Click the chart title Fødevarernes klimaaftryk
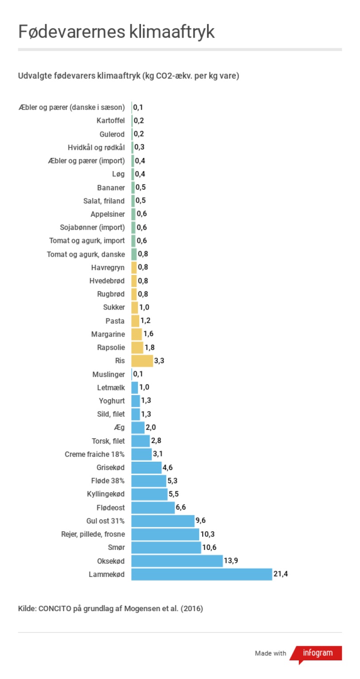(116, 32)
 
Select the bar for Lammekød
(201, 574)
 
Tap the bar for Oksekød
(176, 561)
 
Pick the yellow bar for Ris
(142, 361)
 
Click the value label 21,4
(281, 574)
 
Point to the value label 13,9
(231, 561)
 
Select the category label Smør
(116, 548)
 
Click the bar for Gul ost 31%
(163, 521)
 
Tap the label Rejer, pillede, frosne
(93, 534)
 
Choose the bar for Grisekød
(146, 467)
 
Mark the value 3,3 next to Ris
(159, 361)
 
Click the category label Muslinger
(109, 374)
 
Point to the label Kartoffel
(110, 120)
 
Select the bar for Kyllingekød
(149, 494)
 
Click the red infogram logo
(317, 653)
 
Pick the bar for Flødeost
(153, 507)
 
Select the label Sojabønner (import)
(92, 228)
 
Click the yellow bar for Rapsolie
(137, 347)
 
